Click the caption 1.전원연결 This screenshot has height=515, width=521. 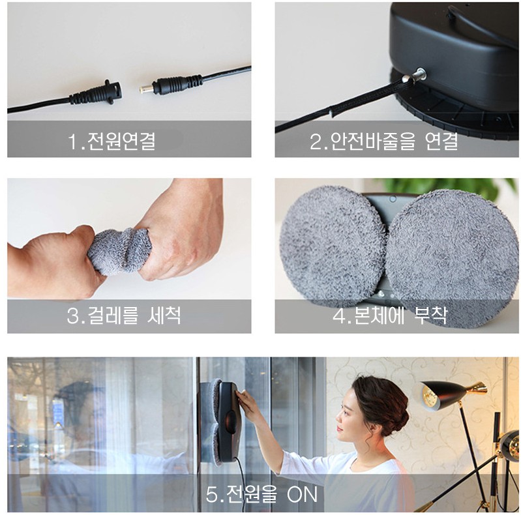(x=112, y=141)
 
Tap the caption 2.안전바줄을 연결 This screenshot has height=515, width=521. (x=384, y=141)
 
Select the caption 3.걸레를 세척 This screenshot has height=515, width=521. (x=124, y=316)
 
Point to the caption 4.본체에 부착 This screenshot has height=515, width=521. (x=390, y=316)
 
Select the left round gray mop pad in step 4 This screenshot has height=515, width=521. (x=333, y=246)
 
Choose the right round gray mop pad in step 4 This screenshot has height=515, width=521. (x=452, y=259)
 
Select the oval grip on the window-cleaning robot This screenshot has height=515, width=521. (x=230, y=422)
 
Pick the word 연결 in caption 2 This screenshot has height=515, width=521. (x=441, y=141)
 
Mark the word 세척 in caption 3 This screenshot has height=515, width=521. (x=164, y=315)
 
